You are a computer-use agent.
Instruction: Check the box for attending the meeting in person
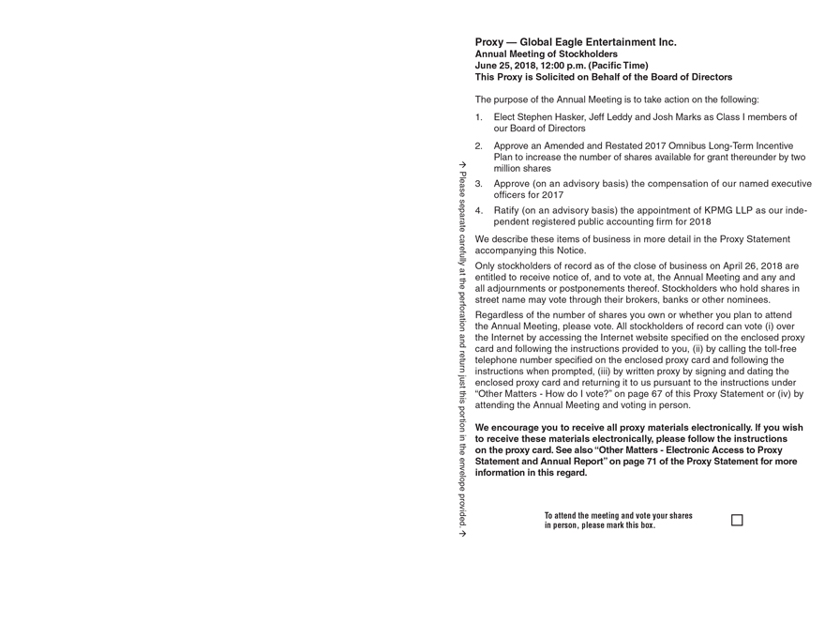click(737, 520)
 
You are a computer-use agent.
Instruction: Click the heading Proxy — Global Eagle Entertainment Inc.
click(575, 42)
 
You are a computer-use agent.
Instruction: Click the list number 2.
click(478, 146)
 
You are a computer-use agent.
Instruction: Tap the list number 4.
click(478, 211)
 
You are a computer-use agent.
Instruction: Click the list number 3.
click(478, 184)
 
